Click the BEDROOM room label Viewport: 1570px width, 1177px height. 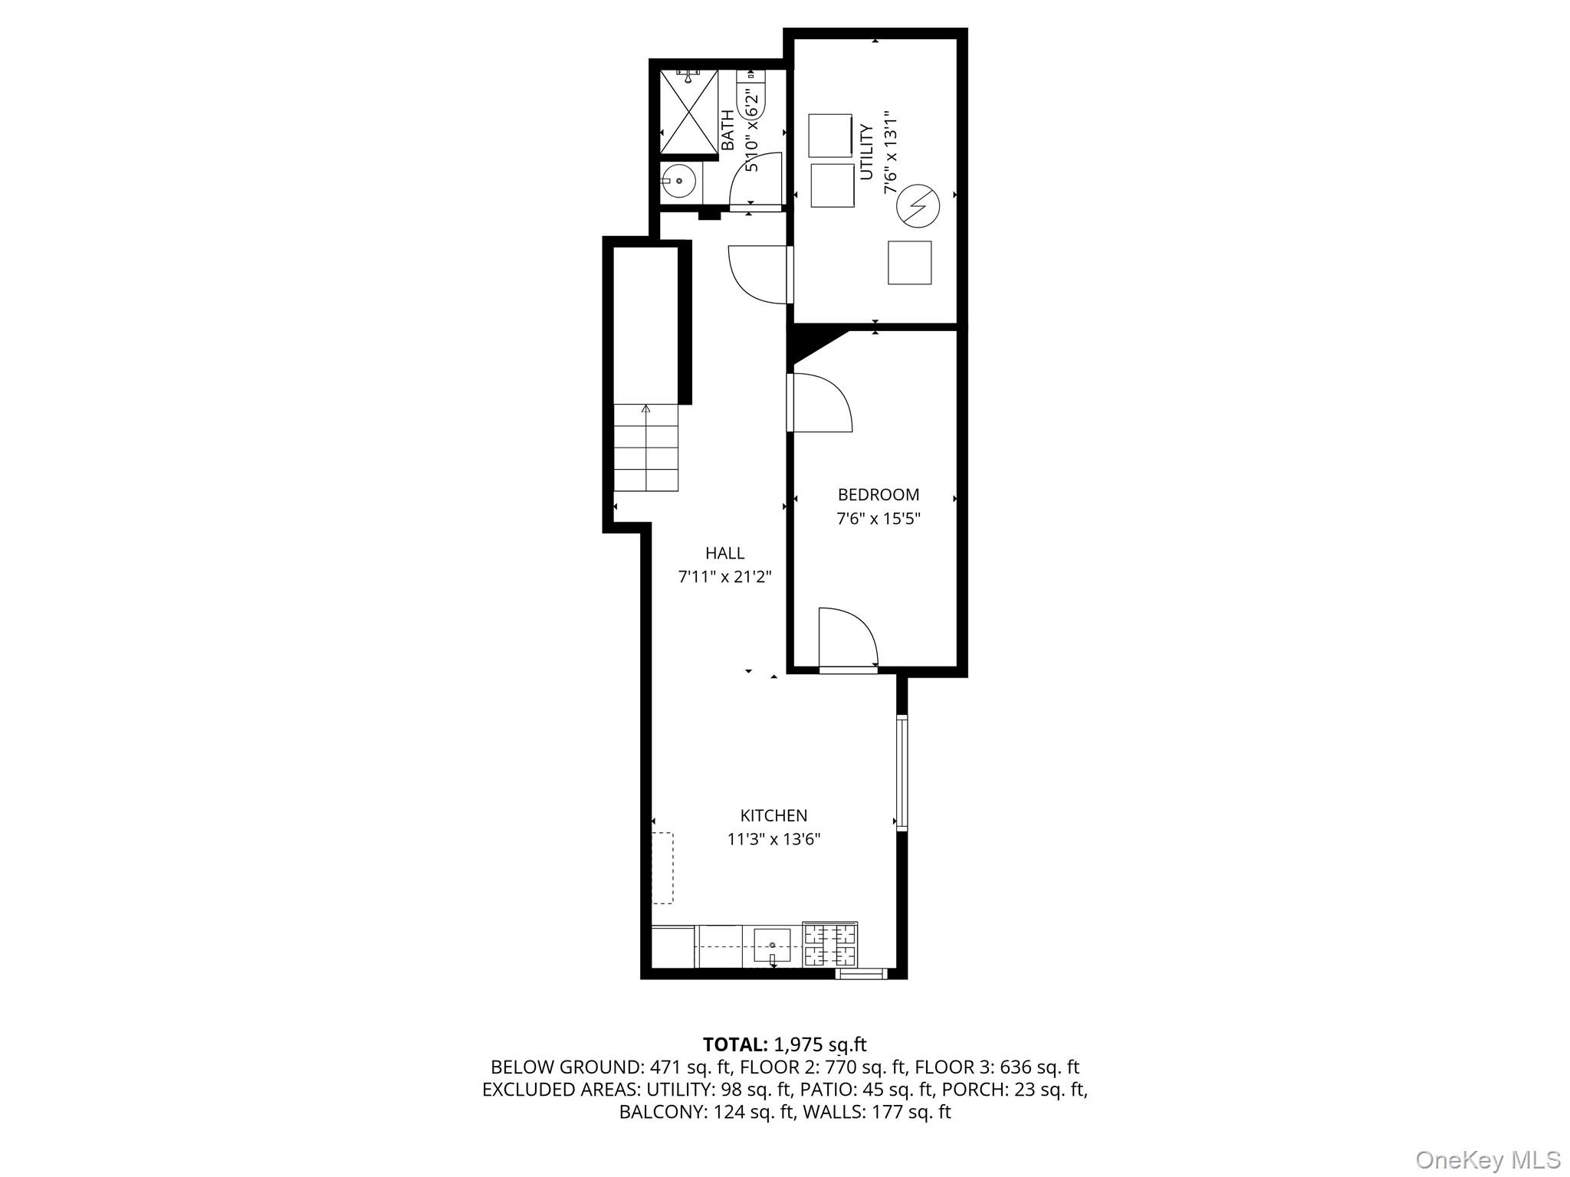click(878, 495)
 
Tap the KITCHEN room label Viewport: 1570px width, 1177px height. click(774, 815)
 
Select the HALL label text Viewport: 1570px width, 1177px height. click(724, 552)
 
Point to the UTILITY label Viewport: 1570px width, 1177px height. click(866, 152)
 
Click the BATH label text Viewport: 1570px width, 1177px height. click(727, 130)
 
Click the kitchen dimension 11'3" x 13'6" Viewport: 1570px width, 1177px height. click(774, 839)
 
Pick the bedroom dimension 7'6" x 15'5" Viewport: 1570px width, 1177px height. click(878, 519)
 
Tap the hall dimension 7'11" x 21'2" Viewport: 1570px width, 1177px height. click(724, 576)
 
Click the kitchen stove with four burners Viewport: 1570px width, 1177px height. click(830, 945)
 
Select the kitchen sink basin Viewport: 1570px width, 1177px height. click(772, 946)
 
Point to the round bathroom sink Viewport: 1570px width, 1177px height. click(678, 182)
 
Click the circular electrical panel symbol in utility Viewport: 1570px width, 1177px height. click(918, 206)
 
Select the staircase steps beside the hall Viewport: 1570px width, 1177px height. click(645, 448)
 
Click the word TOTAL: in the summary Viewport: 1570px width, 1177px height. click(734, 1044)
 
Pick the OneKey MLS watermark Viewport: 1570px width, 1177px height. click(1487, 1159)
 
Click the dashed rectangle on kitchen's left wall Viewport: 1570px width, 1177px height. click(662, 868)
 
